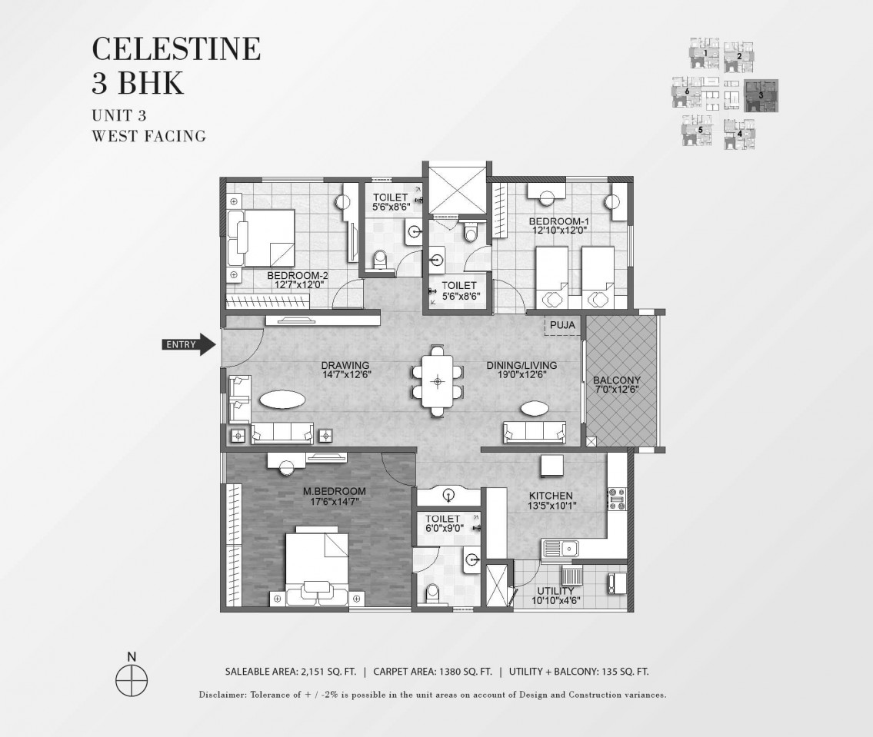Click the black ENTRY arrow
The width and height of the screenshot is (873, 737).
coord(188,344)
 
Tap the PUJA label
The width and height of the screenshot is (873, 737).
coord(562,325)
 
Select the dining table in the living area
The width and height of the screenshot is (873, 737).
coord(438,381)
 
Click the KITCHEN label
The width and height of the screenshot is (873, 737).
coord(551,496)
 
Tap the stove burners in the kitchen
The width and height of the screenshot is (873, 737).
coord(616,499)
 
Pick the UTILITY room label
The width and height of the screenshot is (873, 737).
coord(555,591)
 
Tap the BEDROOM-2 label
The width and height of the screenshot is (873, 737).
coord(298,275)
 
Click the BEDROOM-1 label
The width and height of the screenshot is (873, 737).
coord(559,221)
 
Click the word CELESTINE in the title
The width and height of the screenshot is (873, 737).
coord(176,48)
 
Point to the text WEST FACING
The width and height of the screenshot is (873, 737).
coord(149,136)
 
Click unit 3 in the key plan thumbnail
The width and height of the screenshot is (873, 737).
coord(761,95)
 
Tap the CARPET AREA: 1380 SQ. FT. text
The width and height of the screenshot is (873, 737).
coord(432,672)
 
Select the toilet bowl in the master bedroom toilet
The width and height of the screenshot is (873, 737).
coord(432,594)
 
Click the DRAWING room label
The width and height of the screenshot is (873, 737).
coord(345,366)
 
